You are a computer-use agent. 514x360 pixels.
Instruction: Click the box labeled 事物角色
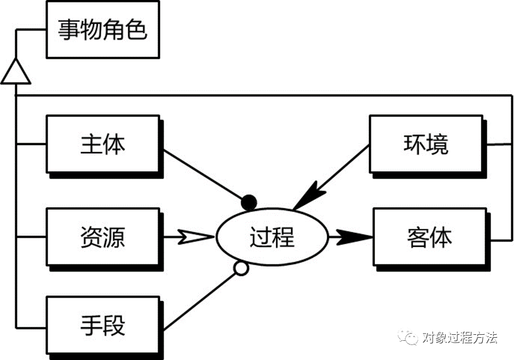tap(102, 29)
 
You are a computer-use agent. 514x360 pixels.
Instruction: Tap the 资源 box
tap(102, 237)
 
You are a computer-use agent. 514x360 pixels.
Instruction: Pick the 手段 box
tap(102, 327)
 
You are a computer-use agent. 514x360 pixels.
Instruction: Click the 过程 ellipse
tap(272, 237)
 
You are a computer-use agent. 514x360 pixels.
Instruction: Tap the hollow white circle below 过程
tap(241, 270)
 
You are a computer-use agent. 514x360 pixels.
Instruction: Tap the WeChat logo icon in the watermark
tap(410, 338)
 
